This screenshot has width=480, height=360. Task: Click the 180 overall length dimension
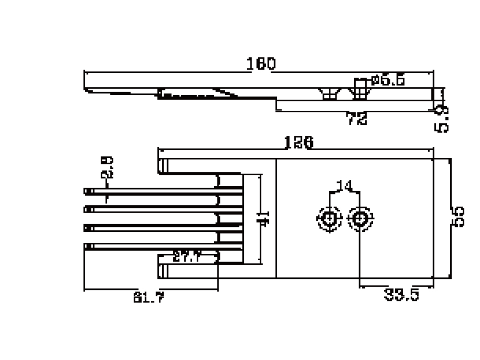[x=261, y=64]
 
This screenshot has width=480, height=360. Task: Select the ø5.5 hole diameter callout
[x=387, y=80]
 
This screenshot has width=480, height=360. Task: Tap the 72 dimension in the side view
[x=357, y=119]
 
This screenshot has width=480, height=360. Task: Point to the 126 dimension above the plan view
[x=298, y=143]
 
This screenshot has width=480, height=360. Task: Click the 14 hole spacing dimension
[x=344, y=185]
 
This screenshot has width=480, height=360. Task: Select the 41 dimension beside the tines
[x=264, y=218]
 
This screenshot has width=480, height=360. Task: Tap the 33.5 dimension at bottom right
[x=401, y=294]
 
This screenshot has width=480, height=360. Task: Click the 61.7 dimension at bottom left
[x=148, y=298]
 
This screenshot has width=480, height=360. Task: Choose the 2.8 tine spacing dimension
[x=107, y=167]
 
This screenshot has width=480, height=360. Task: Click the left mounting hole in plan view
[x=329, y=218]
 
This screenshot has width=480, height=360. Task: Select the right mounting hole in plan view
[x=359, y=218]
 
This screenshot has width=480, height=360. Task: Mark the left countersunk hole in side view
[x=328, y=94]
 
